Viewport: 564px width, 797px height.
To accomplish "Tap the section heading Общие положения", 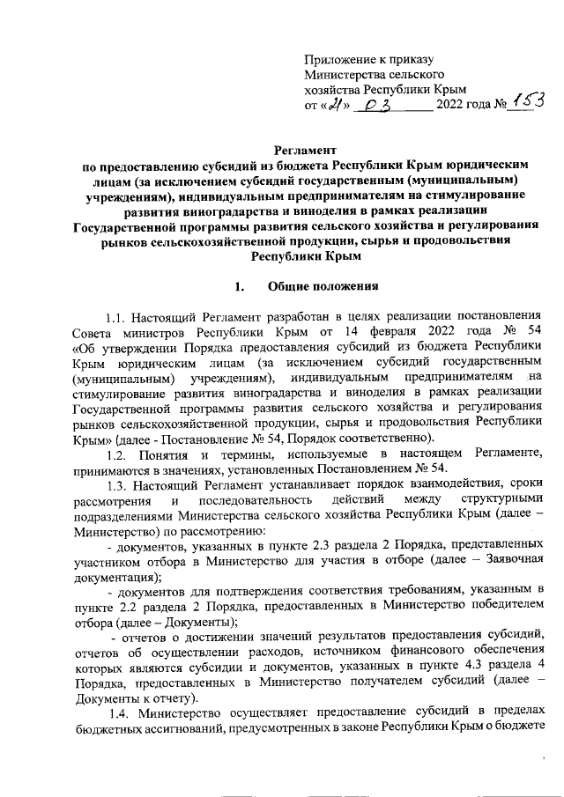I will coord(323,287).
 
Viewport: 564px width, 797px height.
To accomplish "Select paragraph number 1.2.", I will coord(118,454).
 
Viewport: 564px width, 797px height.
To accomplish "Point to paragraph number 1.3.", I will coord(118,485).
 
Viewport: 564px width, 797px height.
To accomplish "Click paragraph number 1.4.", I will coord(118,710).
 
